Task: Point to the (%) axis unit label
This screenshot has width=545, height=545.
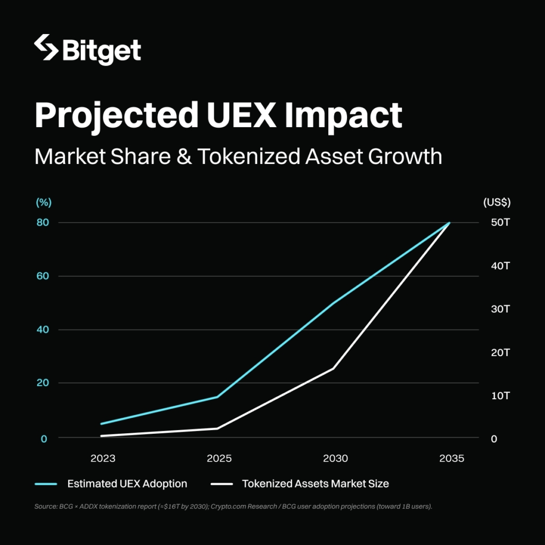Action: pyautogui.click(x=43, y=202)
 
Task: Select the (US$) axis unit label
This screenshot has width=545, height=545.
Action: pyautogui.click(x=497, y=202)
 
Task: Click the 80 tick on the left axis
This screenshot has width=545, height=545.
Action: pyautogui.click(x=43, y=222)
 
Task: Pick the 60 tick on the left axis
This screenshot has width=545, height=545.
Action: pyautogui.click(x=43, y=276)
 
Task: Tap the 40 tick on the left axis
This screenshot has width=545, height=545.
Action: pyautogui.click(x=43, y=329)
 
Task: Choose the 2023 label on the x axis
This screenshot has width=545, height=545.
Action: pyautogui.click(x=103, y=459)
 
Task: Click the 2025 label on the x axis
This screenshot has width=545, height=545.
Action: pyautogui.click(x=218, y=459)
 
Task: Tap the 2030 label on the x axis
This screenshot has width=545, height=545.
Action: pyautogui.click(x=335, y=459)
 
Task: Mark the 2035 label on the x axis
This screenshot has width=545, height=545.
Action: pyautogui.click(x=451, y=459)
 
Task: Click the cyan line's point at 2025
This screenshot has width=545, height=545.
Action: pyautogui.click(x=217, y=397)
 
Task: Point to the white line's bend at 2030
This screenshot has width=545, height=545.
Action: pyautogui.click(x=334, y=368)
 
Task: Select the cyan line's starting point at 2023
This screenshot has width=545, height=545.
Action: pyautogui.click(x=101, y=424)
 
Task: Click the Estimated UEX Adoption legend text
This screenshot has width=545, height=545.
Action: pyautogui.click(x=127, y=484)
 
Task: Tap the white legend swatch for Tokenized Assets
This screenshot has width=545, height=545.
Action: pyautogui.click(x=222, y=484)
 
